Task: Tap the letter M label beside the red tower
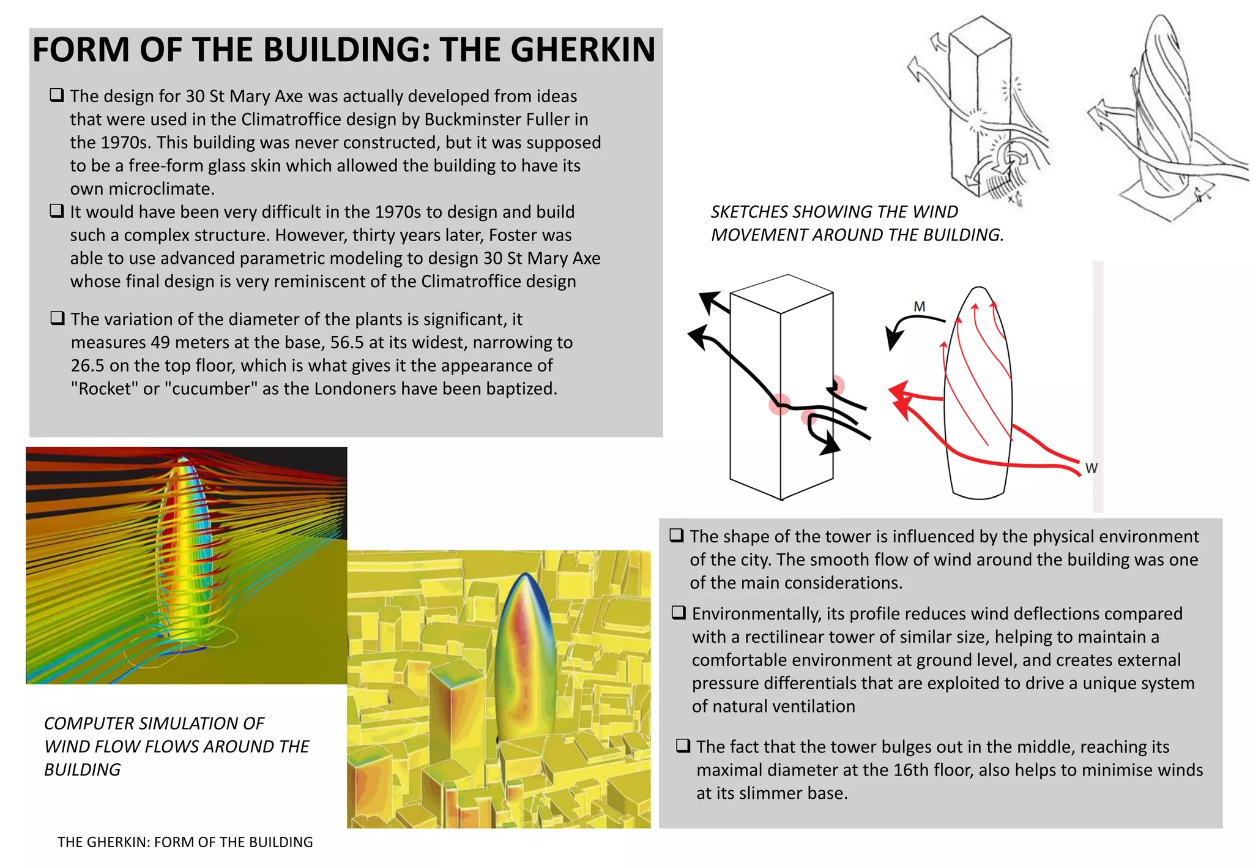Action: (919, 306)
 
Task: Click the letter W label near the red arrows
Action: (1091, 468)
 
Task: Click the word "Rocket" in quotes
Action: (104, 389)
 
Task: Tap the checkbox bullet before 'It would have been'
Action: (57, 211)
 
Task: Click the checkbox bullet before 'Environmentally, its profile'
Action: (679, 613)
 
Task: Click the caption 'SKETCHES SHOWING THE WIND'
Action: (834, 212)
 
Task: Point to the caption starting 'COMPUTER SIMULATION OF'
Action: (154, 724)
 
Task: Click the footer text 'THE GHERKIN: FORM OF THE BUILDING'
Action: (185, 842)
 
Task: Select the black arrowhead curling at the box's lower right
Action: (830, 444)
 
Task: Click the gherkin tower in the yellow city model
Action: (525, 655)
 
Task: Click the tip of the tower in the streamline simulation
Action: (183, 459)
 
